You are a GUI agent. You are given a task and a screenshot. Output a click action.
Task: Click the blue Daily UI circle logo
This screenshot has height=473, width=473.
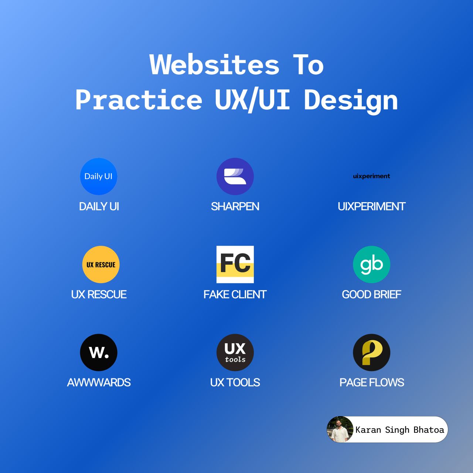(99, 176)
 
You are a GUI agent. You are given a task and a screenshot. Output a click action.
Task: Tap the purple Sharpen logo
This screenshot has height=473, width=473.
(235, 176)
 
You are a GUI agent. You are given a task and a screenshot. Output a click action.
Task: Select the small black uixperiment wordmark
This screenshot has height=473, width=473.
(371, 176)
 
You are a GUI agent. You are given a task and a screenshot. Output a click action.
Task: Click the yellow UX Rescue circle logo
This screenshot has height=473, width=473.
(101, 264)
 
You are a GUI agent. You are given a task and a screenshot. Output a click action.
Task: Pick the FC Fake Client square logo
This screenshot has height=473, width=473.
(235, 264)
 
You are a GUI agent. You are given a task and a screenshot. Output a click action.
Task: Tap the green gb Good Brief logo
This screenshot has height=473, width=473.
(371, 264)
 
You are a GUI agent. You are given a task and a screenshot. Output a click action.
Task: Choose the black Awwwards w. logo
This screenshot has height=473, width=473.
(99, 352)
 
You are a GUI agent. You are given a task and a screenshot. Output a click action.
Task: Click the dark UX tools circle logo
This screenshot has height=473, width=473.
(235, 352)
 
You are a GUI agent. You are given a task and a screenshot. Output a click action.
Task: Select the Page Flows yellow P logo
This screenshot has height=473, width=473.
(371, 352)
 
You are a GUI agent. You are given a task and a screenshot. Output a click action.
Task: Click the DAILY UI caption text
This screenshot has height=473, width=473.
(99, 207)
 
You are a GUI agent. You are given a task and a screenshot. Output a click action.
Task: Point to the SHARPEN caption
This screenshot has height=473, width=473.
(235, 207)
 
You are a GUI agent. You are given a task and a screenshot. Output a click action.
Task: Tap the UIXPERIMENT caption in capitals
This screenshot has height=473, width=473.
(371, 207)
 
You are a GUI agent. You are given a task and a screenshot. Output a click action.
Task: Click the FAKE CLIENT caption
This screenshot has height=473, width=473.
(235, 294)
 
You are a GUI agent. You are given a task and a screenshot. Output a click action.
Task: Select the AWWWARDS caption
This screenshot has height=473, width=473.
(99, 382)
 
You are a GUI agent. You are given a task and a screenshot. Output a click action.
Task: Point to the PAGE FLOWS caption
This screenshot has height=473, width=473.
(372, 382)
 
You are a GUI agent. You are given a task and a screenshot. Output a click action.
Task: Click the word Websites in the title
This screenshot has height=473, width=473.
(214, 64)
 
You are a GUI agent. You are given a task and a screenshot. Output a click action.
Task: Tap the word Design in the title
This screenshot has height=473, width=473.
(351, 101)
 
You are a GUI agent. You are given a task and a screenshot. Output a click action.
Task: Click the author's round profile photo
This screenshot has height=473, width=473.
(340, 429)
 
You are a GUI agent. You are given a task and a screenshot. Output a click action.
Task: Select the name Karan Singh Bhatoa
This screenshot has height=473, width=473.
(399, 430)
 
